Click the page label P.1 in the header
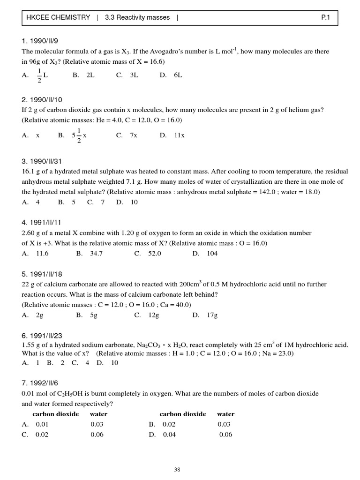[x=326, y=18]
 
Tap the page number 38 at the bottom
[x=177, y=469]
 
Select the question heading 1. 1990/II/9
[x=42, y=41]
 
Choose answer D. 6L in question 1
[x=171, y=75]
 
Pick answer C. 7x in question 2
[x=127, y=135]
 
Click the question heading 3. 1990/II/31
[x=44, y=161]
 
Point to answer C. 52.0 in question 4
[x=148, y=254]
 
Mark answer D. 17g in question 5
[x=205, y=315]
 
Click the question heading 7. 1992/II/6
[x=42, y=383]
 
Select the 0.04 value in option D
[x=169, y=435]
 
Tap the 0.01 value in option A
[x=42, y=424]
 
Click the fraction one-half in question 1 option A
[x=39, y=75]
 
